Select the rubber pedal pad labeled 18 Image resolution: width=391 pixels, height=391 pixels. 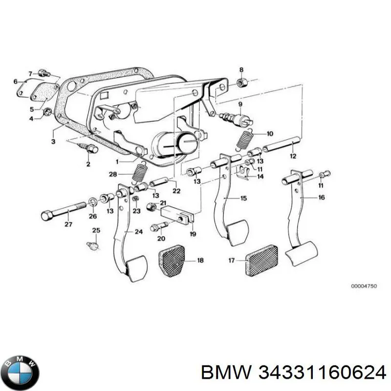click(173, 261)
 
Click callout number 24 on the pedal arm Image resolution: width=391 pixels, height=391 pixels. click(139, 232)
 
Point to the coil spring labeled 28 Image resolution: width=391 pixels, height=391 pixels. click(141, 174)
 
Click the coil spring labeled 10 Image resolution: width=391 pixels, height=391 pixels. click(244, 139)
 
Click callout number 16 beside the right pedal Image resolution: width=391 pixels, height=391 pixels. click(321, 197)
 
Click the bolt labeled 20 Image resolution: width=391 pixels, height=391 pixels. click(157, 227)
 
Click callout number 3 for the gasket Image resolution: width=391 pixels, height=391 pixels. click(53, 142)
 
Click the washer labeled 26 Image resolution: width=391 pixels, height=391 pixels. click(93, 201)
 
